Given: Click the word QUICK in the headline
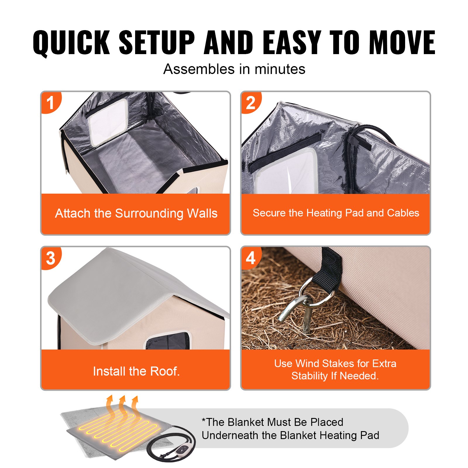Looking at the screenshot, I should (71, 43).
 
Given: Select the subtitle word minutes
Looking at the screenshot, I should (280, 70).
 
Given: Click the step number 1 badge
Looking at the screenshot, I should (51, 103).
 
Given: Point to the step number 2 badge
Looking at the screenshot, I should (251, 103).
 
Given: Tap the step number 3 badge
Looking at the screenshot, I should (51, 258).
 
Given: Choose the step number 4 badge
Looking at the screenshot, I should (251, 258).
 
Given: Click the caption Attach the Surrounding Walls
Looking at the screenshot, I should (136, 213).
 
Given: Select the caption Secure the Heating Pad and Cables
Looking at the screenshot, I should (336, 213).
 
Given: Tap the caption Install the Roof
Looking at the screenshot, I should (136, 371).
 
